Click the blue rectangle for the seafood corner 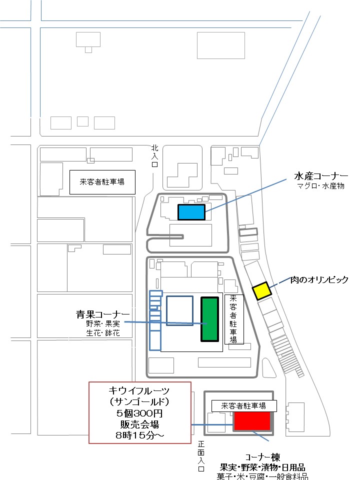pos(191,212)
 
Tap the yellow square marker pos(261,290)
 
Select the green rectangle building pos(209,319)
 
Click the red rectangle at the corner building pos(252,421)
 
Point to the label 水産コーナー pos(321,176)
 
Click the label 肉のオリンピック pos(319,279)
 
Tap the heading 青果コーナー pos(103,314)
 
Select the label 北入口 pos(155,156)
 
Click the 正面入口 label pos(201,456)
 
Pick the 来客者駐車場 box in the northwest pos(102,182)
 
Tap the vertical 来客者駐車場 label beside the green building pos(233,319)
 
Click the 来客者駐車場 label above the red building pos(243,406)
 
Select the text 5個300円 pos(139,413)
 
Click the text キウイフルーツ pos(139,390)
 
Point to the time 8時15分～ pos(139,435)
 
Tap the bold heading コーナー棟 pos(262,457)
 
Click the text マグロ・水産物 pos(321,186)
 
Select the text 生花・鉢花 pos(103,332)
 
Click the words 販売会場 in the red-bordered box pos(139,424)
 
